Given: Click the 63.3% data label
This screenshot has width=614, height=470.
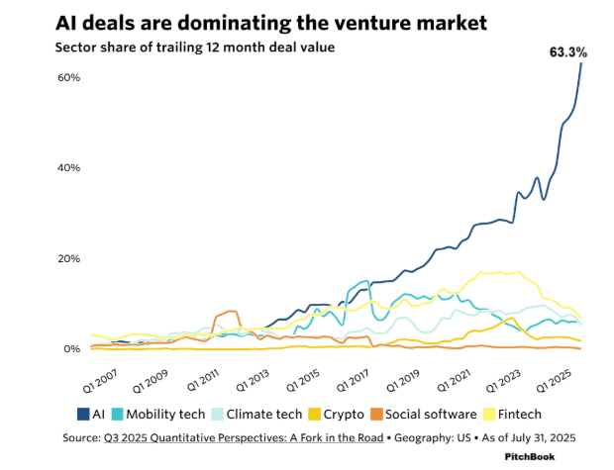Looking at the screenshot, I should (567, 52).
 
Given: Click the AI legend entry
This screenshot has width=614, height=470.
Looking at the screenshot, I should (92, 413).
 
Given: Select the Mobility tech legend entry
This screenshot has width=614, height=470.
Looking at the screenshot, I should (161, 413).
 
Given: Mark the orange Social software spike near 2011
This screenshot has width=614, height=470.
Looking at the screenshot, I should (231, 314).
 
